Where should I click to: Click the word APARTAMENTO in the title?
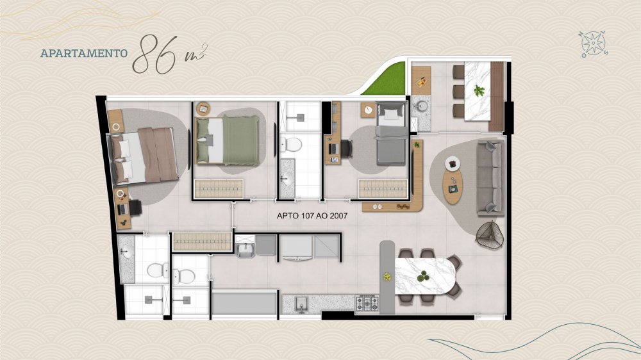[x=84, y=53]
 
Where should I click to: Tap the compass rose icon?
[x=593, y=44]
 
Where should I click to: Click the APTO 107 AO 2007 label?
[x=312, y=216]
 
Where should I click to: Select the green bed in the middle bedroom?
[x=228, y=140]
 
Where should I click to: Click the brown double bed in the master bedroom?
[x=143, y=155]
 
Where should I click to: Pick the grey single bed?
[x=392, y=134]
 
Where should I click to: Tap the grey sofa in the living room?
[x=490, y=177]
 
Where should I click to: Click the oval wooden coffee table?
[x=453, y=186]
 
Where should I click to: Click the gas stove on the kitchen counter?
[x=367, y=304]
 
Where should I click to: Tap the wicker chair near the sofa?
[x=490, y=235]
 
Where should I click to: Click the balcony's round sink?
[x=420, y=106]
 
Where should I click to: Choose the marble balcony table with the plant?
[x=477, y=91]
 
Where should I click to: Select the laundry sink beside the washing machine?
[x=245, y=249]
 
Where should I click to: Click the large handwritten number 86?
[x=156, y=54]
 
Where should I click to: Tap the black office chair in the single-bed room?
[x=346, y=148]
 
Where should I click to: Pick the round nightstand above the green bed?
[x=203, y=109]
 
